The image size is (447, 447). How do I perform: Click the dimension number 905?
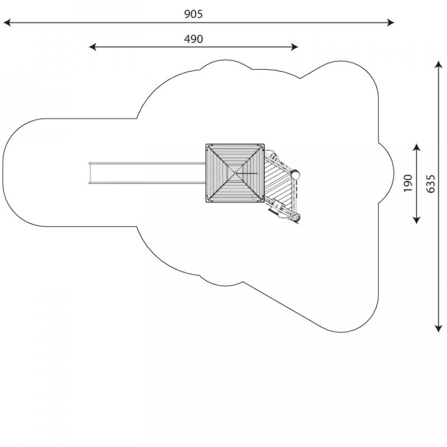pos(193,14)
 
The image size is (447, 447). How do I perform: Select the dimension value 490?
pos(193,39)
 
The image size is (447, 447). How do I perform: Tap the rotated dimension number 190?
pos(408,183)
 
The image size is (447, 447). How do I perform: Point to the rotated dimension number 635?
pos(431,184)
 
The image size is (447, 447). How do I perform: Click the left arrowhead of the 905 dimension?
pos(7,23)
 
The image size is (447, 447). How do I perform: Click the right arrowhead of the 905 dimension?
pos(391,23)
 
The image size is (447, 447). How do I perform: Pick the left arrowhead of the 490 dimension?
pos(93,47)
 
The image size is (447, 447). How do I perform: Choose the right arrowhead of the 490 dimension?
pos(294,47)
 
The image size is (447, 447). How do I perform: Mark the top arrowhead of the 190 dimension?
pos(417,147)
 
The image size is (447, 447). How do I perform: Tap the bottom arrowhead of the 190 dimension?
pos(417,220)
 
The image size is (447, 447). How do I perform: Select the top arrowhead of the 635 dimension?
pos(438,64)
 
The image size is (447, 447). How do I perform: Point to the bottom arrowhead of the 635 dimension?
pos(438,329)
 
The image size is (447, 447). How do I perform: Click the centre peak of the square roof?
pos(235,173)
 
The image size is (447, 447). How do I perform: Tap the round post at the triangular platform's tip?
pos(295,173)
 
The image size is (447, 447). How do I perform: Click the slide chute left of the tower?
pos(147,173)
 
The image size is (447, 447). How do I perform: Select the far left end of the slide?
pos(89,173)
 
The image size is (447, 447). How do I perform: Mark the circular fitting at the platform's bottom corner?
pos(295,218)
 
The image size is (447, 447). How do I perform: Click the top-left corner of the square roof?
pos(206,144)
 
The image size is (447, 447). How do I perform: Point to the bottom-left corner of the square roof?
pos(206,202)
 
